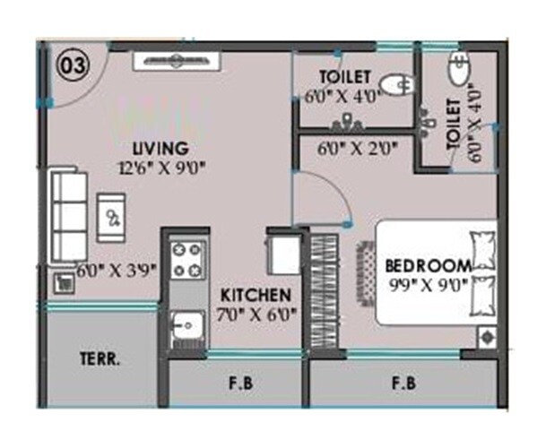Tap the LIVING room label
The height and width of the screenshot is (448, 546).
(x=159, y=148)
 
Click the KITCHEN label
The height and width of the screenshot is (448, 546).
(x=256, y=296)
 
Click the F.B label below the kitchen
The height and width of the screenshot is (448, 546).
(x=238, y=386)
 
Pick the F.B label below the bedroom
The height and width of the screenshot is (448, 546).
(x=404, y=386)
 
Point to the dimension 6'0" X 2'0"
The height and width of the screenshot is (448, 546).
(x=357, y=148)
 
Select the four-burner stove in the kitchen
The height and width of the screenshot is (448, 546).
(x=189, y=258)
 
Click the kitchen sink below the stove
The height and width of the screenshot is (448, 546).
(x=187, y=324)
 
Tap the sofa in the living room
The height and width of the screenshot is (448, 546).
(x=67, y=214)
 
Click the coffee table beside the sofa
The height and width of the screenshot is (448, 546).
(x=112, y=215)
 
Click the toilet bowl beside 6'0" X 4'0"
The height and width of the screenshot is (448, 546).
(x=393, y=85)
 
